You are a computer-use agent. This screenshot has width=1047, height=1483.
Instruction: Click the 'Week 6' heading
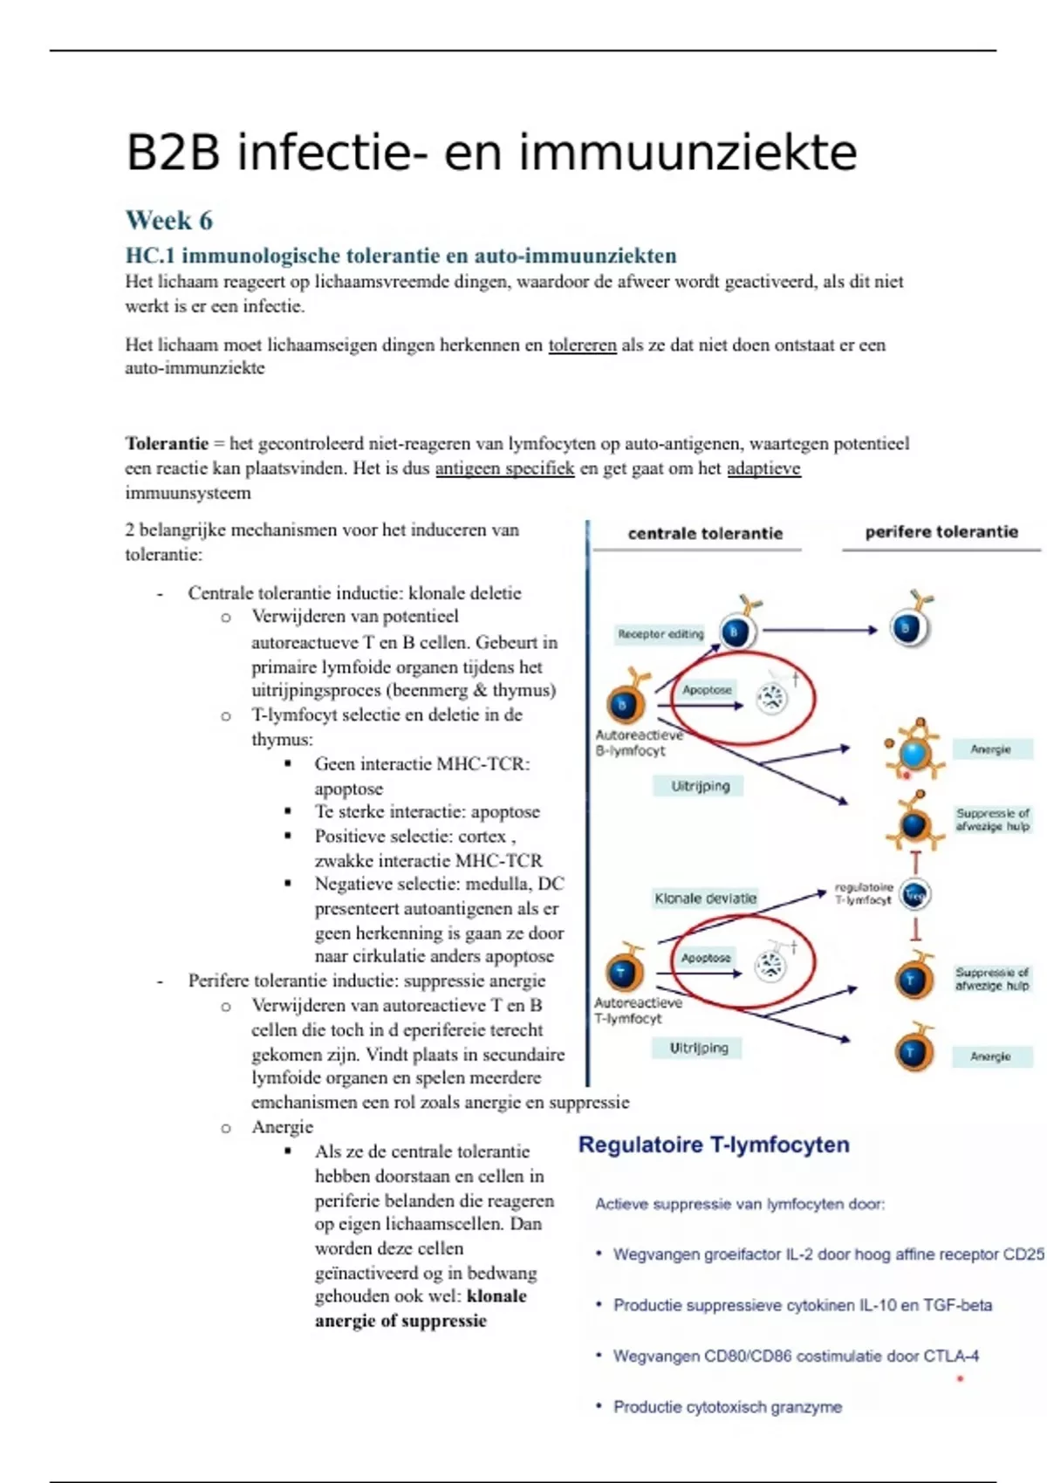tap(169, 220)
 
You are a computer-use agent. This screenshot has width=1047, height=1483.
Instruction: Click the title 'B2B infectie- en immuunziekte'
tap(491, 153)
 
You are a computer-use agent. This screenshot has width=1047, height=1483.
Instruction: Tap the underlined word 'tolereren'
tap(582, 345)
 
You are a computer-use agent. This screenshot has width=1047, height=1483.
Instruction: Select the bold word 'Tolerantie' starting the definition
tap(167, 443)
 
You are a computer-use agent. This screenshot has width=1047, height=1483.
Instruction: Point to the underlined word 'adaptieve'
tap(763, 468)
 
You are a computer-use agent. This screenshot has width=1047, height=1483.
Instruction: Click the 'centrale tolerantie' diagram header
tap(705, 533)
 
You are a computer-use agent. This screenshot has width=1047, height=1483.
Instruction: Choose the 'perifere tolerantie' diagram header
tap(941, 531)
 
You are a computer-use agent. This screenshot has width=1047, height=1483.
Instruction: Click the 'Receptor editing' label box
tap(660, 634)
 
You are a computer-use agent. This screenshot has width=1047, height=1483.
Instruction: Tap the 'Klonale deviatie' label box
tap(705, 898)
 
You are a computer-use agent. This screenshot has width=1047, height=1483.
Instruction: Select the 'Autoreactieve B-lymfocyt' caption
tap(638, 742)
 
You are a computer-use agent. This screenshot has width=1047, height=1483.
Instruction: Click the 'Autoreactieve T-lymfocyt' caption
tap(638, 1010)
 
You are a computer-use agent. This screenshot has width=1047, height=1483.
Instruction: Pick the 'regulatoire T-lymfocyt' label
tap(863, 893)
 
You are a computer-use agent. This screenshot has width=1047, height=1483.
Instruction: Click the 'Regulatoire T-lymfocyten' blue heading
tap(714, 1145)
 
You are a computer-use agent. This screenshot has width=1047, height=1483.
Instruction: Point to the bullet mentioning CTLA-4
tap(795, 1356)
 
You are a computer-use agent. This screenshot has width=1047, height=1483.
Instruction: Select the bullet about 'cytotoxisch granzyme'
tap(727, 1406)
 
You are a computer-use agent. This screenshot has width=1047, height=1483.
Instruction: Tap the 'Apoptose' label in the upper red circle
tap(707, 690)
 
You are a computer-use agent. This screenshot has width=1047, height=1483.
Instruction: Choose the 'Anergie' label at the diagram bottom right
tap(990, 1056)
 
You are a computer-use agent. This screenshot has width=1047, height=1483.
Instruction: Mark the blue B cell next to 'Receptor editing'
tap(736, 632)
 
